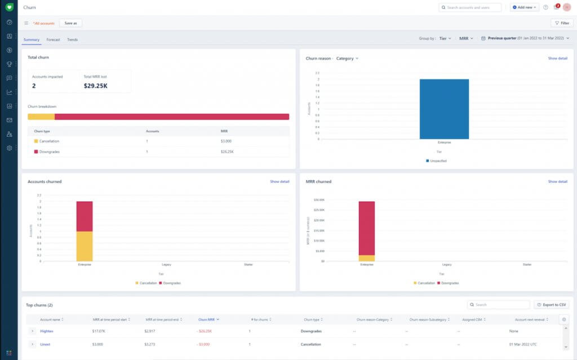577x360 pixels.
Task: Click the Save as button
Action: (70, 23)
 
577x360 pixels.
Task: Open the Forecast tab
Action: (54, 39)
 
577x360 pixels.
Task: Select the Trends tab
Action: (72, 39)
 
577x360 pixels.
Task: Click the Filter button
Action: (562, 23)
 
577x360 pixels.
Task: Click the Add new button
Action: (524, 7)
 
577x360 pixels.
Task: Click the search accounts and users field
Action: (471, 7)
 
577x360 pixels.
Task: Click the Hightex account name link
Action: (46, 331)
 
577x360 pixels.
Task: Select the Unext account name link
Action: (45, 344)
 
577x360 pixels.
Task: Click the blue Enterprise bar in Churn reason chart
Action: (444, 109)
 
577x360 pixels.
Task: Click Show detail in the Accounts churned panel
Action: (279, 181)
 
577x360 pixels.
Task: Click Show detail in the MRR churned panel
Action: (557, 181)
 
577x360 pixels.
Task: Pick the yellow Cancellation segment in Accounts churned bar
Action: (85, 246)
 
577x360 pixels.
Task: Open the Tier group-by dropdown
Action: (445, 38)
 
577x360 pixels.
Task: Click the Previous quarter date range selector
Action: (525, 38)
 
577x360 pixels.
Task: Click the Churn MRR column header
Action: (208, 319)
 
